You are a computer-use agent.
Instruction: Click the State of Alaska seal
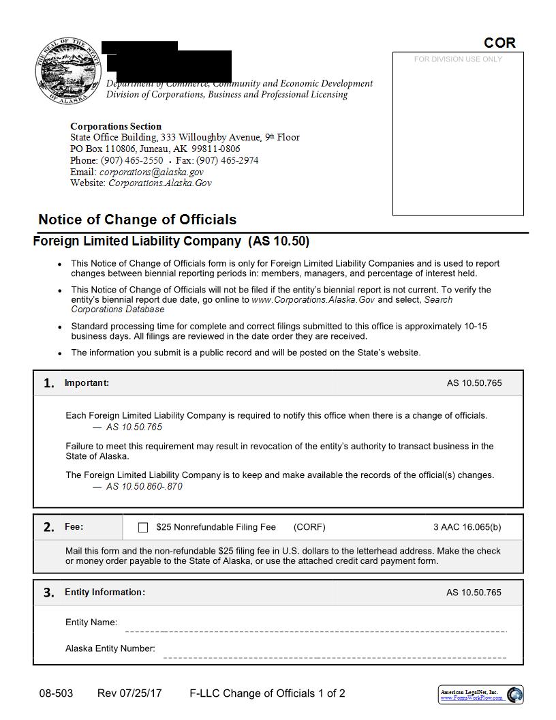[65, 70]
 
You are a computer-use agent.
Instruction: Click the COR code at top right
[499, 42]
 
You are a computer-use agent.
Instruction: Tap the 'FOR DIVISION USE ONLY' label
[458, 59]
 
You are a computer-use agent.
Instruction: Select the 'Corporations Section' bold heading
[116, 126]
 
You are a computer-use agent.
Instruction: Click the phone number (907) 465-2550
[132, 160]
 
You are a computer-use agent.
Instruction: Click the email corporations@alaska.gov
[151, 172]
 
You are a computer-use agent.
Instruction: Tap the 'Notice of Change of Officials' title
[138, 220]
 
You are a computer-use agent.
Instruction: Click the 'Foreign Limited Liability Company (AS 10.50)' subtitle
[171, 241]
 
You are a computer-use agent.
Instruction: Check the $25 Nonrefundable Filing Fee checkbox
[143, 527]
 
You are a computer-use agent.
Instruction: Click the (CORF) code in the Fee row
[309, 527]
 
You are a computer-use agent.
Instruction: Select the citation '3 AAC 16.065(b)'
[467, 527]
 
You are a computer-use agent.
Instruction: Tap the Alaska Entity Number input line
[334, 653]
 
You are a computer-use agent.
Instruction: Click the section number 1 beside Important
[49, 383]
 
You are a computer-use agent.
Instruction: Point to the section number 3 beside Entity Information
[49, 592]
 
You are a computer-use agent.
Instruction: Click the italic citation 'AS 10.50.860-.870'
[144, 486]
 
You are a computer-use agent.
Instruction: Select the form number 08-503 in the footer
[56, 693]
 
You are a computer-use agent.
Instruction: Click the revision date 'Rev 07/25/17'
[129, 693]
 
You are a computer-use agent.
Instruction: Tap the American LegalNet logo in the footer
[480, 694]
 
